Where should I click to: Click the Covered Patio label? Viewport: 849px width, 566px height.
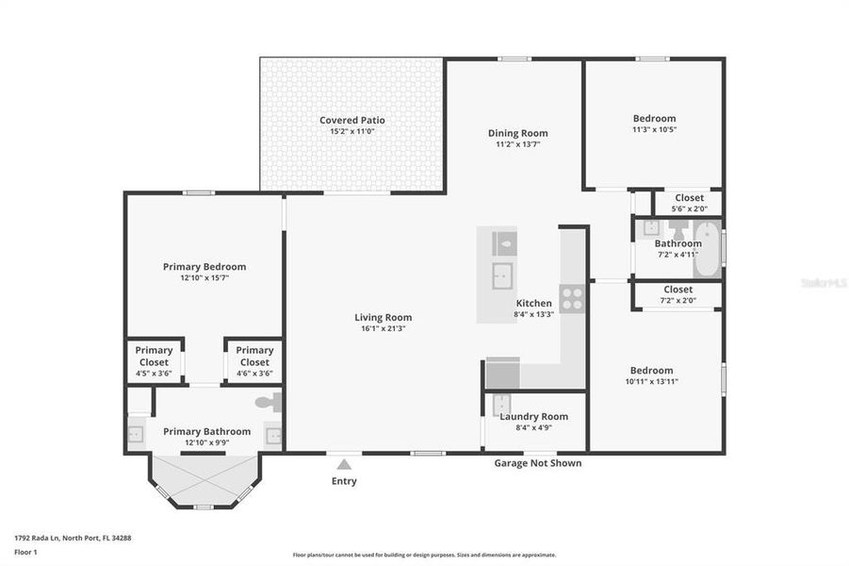(351, 120)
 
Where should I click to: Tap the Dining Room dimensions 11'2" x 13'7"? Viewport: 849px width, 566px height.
(517, 145)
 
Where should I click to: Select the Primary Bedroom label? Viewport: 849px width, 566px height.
(204, 267)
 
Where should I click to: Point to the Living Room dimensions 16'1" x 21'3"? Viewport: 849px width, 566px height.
(383, 328)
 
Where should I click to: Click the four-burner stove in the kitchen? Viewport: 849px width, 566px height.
(572, 298)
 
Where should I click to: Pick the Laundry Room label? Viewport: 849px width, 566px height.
(533, 416)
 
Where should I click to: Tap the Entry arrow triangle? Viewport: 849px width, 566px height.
(345, 463)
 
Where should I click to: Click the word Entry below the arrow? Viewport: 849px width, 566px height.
(345, 481)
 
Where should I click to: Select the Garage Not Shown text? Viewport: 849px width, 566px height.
(538, 463)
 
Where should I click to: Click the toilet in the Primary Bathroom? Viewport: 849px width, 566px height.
(269, 403)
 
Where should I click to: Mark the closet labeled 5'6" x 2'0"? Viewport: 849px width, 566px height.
(688, 203)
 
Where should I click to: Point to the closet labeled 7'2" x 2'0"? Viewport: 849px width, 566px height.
(678, 294)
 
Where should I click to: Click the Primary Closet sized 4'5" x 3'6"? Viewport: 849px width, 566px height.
(155, 361)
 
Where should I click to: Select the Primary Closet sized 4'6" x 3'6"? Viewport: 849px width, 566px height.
(254, 361)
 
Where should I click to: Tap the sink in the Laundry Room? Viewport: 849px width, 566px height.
(501, 404)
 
